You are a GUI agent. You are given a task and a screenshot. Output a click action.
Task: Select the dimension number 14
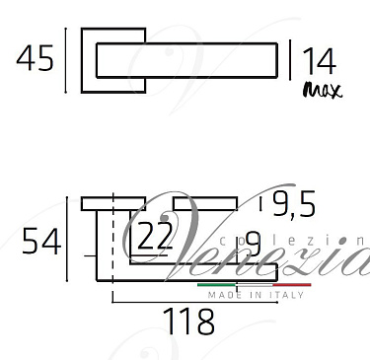(x=319, y=62)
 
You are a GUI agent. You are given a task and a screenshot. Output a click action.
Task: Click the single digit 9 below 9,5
(x=252, y=242)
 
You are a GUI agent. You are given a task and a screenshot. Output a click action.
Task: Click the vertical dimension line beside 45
(x=66, y=61)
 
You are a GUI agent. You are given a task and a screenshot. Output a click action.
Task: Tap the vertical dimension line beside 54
(x=66, y=241)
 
